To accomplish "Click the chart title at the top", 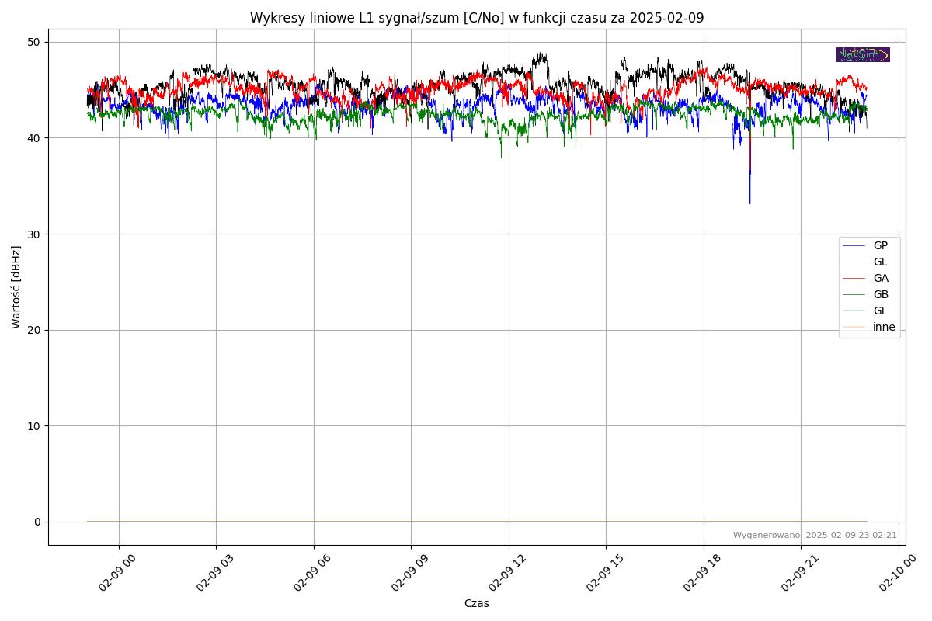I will coord(477,18).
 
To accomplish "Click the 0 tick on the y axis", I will coord(37,522).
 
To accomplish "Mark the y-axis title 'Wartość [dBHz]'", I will coord(16,287).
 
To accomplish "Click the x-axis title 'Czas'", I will coord(477,603).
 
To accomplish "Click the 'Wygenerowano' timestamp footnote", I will coord(815,535).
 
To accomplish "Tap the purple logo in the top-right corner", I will coord(863,54).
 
